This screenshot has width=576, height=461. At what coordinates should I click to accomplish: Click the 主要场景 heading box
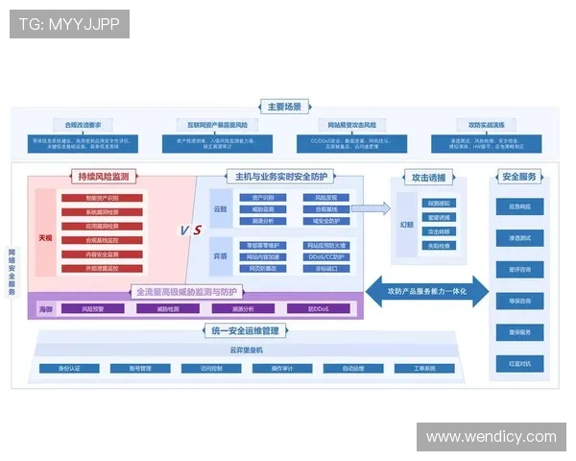pyautogui.click(x=284, y=107)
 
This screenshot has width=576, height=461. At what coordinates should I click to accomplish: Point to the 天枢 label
pyautogui.click(x=45, y=235)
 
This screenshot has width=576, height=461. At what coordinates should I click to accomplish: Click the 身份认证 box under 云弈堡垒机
pyautogui.click(x=69, y=368)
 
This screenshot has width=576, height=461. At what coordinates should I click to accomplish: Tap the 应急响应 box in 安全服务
pyautogui.click(x=519, y=206)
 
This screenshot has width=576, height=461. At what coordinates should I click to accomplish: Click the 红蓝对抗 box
pyautogui.click(x=519, y=363)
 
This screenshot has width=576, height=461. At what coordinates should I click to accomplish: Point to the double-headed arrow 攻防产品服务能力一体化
pyautogui.click(x=427, y=290)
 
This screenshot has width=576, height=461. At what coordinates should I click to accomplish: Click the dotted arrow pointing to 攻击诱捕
pyautogui.click(x=372, y=206)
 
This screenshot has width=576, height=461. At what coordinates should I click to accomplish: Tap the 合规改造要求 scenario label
pyautogui.click(x=84, y=125)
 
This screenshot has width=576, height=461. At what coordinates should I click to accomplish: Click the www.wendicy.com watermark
pyautogui.click(x=491, y=437)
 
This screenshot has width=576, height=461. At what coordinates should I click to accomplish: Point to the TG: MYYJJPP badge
pyautogui.click(x=69, y=23)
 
